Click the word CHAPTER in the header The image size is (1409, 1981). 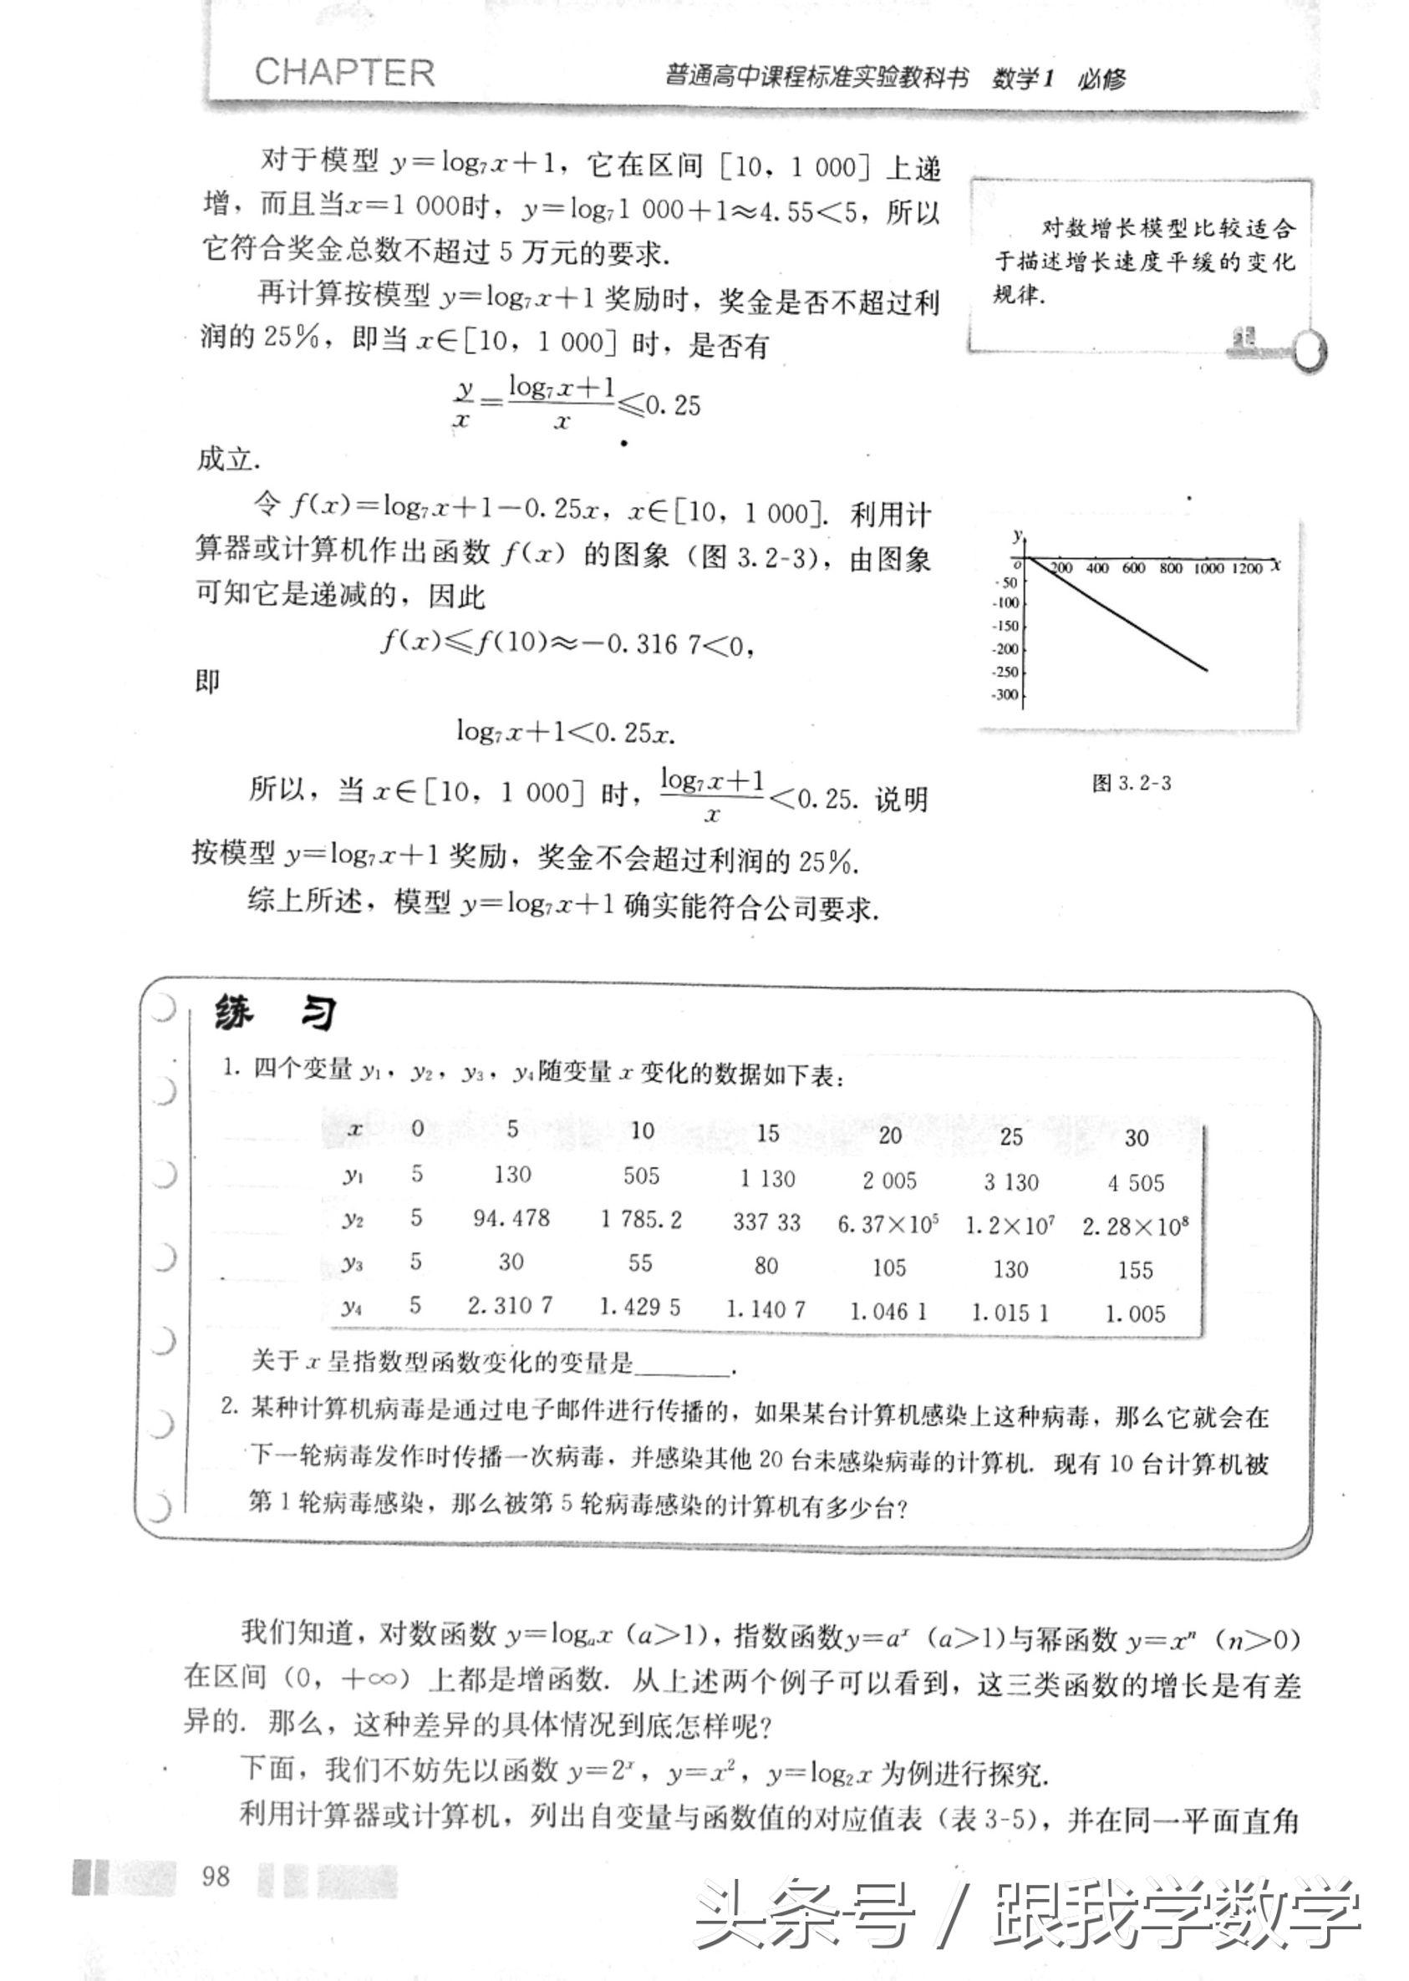point(344,73)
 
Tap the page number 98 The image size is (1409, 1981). point(215,1876)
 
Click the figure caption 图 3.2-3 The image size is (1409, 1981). point(1132,783)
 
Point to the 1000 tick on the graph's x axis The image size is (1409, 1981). point(1207,568)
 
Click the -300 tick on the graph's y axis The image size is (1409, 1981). point(1006,695)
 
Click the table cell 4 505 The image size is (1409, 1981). point(1135,1183)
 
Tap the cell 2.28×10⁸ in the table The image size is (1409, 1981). point(1134,1227)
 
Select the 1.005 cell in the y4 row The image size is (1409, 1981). point(1135,1314)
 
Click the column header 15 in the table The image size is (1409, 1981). point(768,1133)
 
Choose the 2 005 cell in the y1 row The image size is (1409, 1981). point(889,1181)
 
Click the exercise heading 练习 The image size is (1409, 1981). point(275,1013)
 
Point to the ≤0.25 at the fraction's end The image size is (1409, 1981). point(659,406)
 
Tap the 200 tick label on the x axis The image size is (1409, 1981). point(1061,568)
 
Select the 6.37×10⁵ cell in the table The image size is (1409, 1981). point(889,1224)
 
